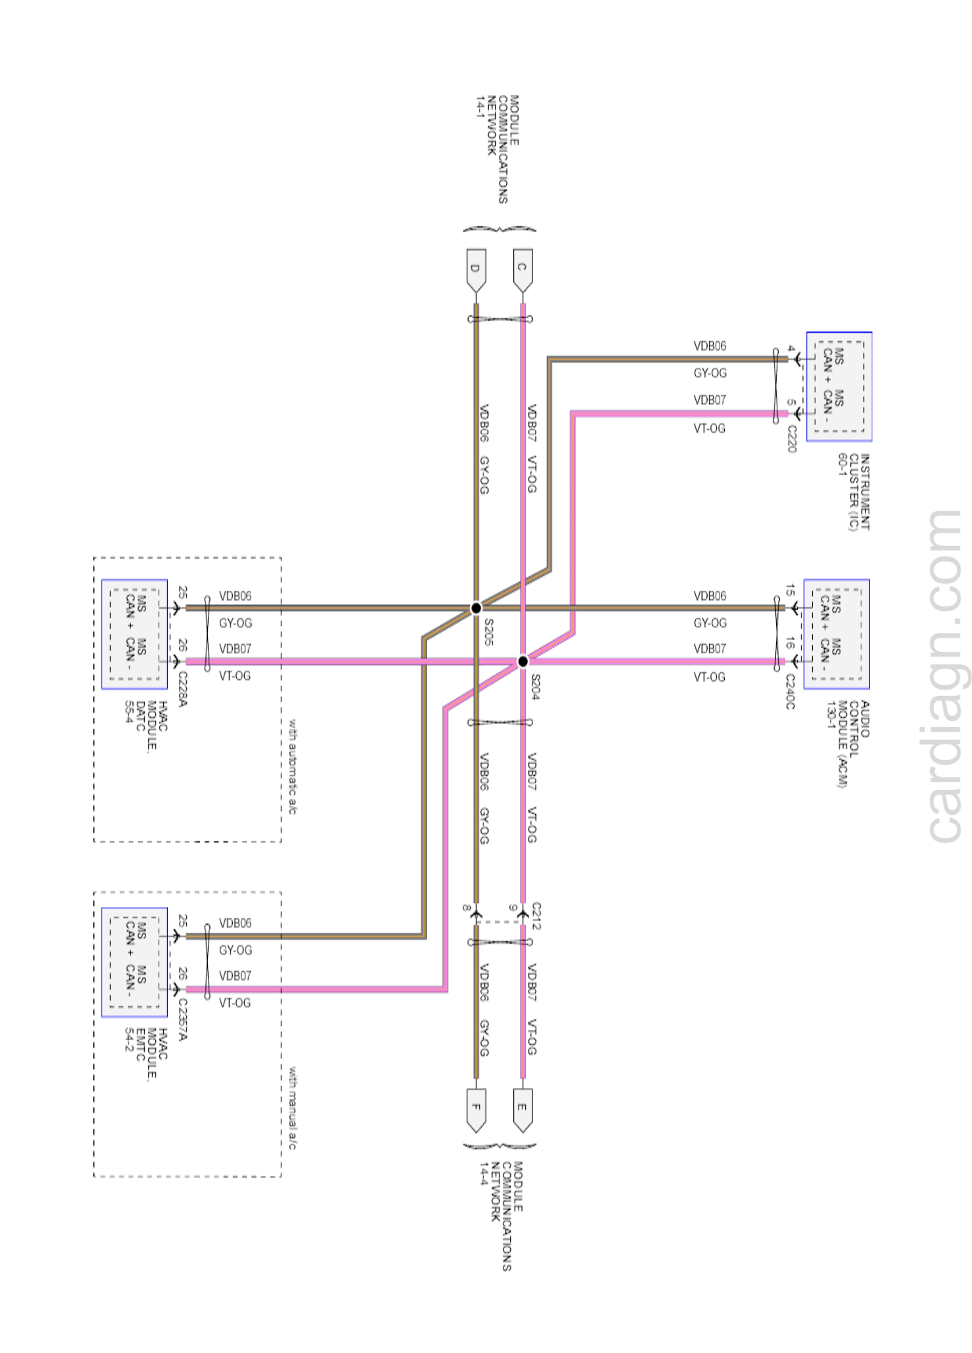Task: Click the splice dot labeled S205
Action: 475,608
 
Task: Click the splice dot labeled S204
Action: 523,661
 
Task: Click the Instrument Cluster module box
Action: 839,387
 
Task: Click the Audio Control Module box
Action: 836,634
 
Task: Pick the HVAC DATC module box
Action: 134,634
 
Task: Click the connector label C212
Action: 535,916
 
